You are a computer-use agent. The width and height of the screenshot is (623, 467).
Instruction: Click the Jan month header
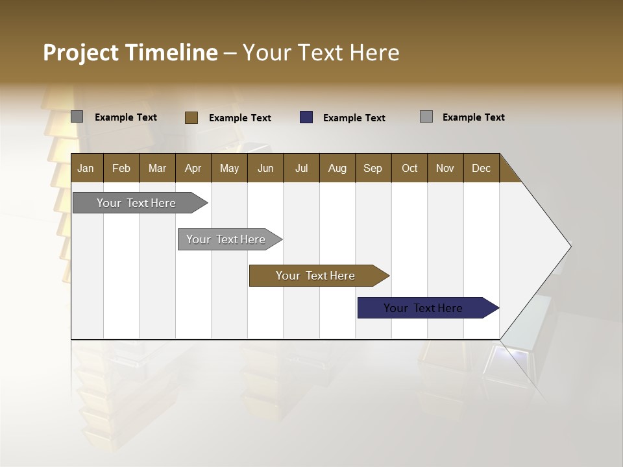point(86,168)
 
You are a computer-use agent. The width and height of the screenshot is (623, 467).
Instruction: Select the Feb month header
point(121,168)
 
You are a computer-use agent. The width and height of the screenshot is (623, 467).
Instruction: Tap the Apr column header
point(193,168)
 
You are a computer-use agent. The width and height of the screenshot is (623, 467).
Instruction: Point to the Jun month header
point(265,168)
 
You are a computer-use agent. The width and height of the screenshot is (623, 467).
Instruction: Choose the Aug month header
point(337,168)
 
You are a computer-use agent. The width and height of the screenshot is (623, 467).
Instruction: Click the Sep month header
point(373,168)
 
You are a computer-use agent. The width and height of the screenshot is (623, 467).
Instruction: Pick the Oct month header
point(409,168)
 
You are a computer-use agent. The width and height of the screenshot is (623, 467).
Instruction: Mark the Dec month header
point(482,168)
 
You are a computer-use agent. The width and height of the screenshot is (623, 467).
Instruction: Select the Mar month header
point(157,168)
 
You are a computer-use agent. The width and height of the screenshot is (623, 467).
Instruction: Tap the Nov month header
point(445,168)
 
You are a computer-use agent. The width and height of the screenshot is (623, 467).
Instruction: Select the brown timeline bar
point(316,276)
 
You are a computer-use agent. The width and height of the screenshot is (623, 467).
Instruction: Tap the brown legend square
point(191,117)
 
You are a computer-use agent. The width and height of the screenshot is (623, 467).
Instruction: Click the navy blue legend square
point(306,117)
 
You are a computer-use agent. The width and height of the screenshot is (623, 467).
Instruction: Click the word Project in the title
point(81,53)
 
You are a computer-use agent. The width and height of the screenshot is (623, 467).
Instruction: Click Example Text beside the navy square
point(354,118)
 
